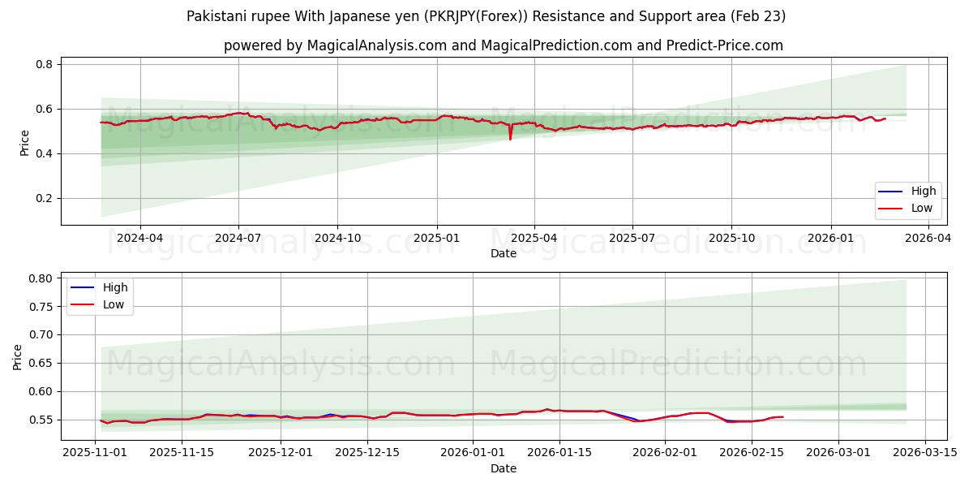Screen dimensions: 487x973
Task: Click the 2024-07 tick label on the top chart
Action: (x=238, y=239)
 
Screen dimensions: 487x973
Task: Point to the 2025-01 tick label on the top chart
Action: (x=437, y=239)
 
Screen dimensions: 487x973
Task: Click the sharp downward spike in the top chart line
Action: (x=510, y=139)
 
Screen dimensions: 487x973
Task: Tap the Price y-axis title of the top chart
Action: (x=24, y=143)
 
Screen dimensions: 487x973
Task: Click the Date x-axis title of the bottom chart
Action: (x=504, y=468)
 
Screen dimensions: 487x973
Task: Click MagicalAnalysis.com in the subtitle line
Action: (x=376, y=45)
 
